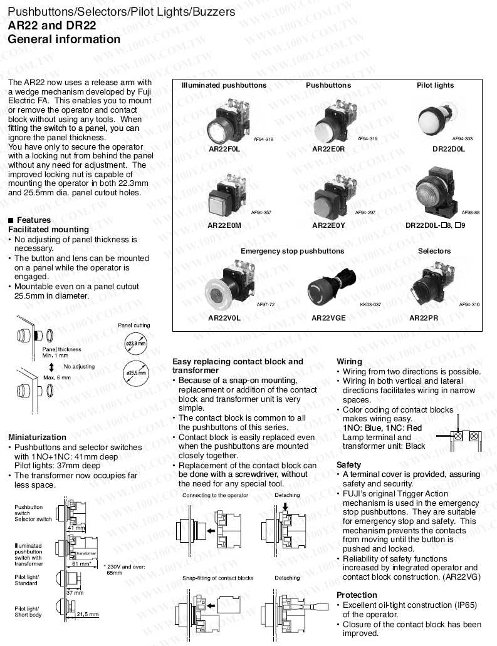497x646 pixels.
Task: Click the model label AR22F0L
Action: coord(224,150)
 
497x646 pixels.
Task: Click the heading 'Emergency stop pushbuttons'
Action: coord(292,251)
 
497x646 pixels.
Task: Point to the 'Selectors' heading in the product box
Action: coord(434,251)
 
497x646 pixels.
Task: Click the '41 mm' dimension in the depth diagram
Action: coord(76,528)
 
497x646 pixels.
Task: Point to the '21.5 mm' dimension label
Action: coord(87,615)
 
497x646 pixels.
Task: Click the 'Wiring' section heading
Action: coord(349,362)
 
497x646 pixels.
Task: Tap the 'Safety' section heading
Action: coord(348,465)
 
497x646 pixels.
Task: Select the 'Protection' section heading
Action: coord(357,595)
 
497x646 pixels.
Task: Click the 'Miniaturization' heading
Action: coord(37,437)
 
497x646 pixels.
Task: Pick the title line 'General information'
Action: coord(64,39)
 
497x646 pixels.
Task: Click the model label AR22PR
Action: coord(423,317)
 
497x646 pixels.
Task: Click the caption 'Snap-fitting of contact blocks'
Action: coord(217,578)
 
